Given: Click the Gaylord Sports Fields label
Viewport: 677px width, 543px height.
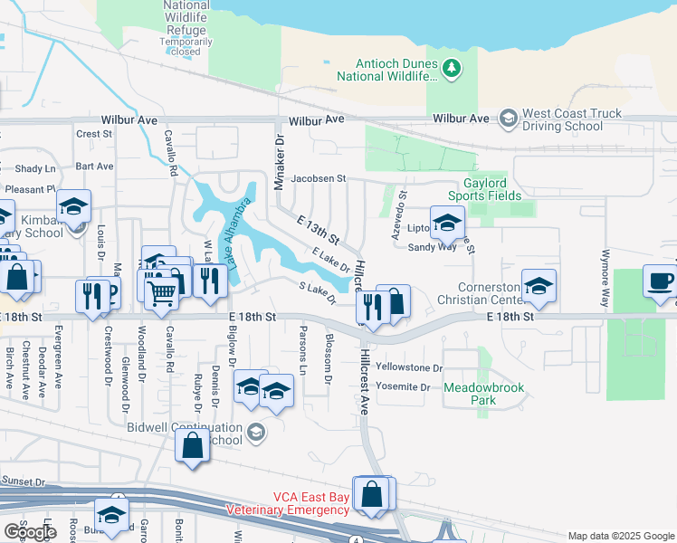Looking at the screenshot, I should click(x=485, y=189).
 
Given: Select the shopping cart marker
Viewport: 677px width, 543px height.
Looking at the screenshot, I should click(x=161, y=290).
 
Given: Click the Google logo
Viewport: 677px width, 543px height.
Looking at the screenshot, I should click(x=30, y=532).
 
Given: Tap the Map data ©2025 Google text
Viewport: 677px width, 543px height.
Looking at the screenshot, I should click(x=619, y=536).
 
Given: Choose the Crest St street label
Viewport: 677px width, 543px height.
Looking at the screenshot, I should click(x=94, y=134).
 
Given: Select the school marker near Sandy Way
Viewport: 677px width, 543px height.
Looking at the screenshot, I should click(x=446, y=222).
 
